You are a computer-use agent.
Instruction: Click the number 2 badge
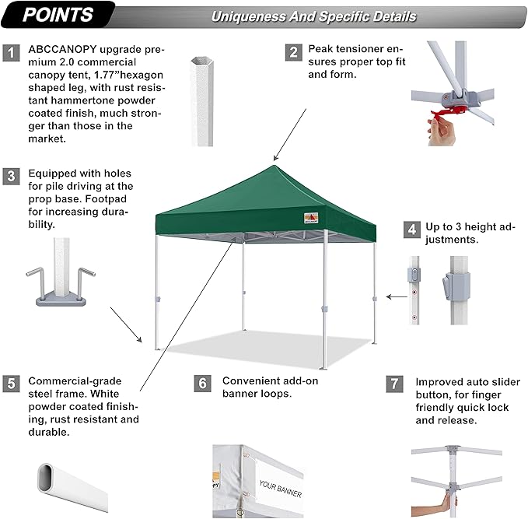[x=293, y=52]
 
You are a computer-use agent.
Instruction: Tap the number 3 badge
[x=12, y=176]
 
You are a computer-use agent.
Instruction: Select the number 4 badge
[x=411, y=230]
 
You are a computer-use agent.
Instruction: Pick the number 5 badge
[x=12, y=383]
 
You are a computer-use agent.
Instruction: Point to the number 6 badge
[x=202, y=383]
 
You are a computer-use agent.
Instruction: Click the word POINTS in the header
[x=58, y=15]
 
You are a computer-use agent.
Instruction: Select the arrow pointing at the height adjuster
[x=399, y=296]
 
